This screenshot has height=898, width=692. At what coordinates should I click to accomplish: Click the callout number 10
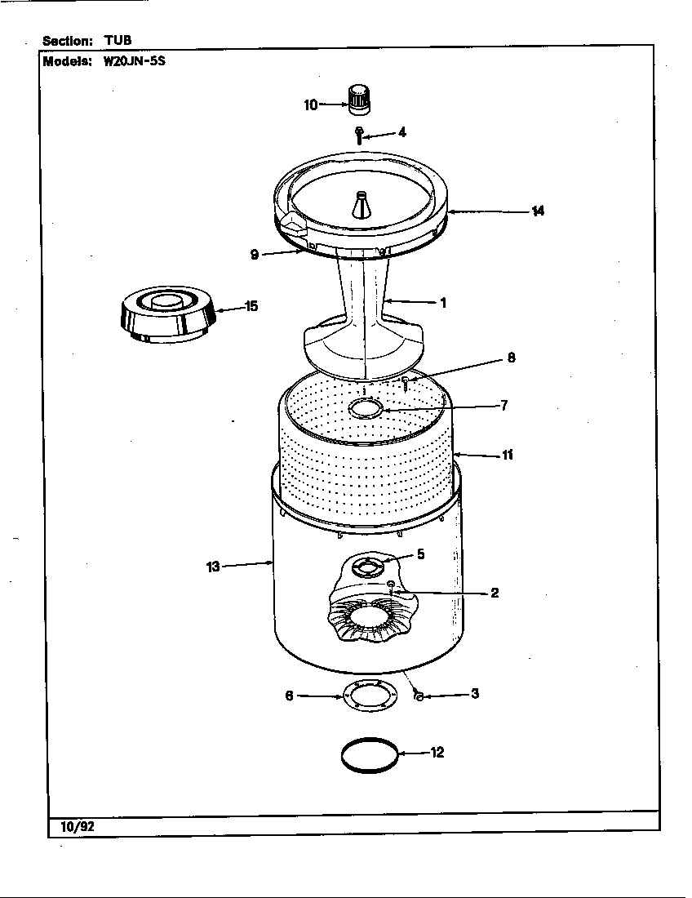310,104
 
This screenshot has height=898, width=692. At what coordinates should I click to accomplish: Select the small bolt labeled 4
359,134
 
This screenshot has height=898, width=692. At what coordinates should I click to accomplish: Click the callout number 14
537,211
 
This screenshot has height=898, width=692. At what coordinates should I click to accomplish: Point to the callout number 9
255,255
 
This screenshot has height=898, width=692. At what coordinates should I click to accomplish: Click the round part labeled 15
166,316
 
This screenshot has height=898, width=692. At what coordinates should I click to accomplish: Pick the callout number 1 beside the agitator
442,303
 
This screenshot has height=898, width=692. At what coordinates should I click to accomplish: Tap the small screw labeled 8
405,382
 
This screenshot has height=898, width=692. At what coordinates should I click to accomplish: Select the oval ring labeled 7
366,407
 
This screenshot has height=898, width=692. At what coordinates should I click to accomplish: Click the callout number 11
507,455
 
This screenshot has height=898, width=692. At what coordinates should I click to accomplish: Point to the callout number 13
213,567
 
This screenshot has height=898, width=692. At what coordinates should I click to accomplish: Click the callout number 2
495,593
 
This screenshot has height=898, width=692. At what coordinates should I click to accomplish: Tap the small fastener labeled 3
417,695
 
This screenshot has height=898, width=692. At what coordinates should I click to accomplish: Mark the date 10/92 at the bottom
78,826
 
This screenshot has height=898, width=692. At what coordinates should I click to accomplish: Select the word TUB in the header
118,40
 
